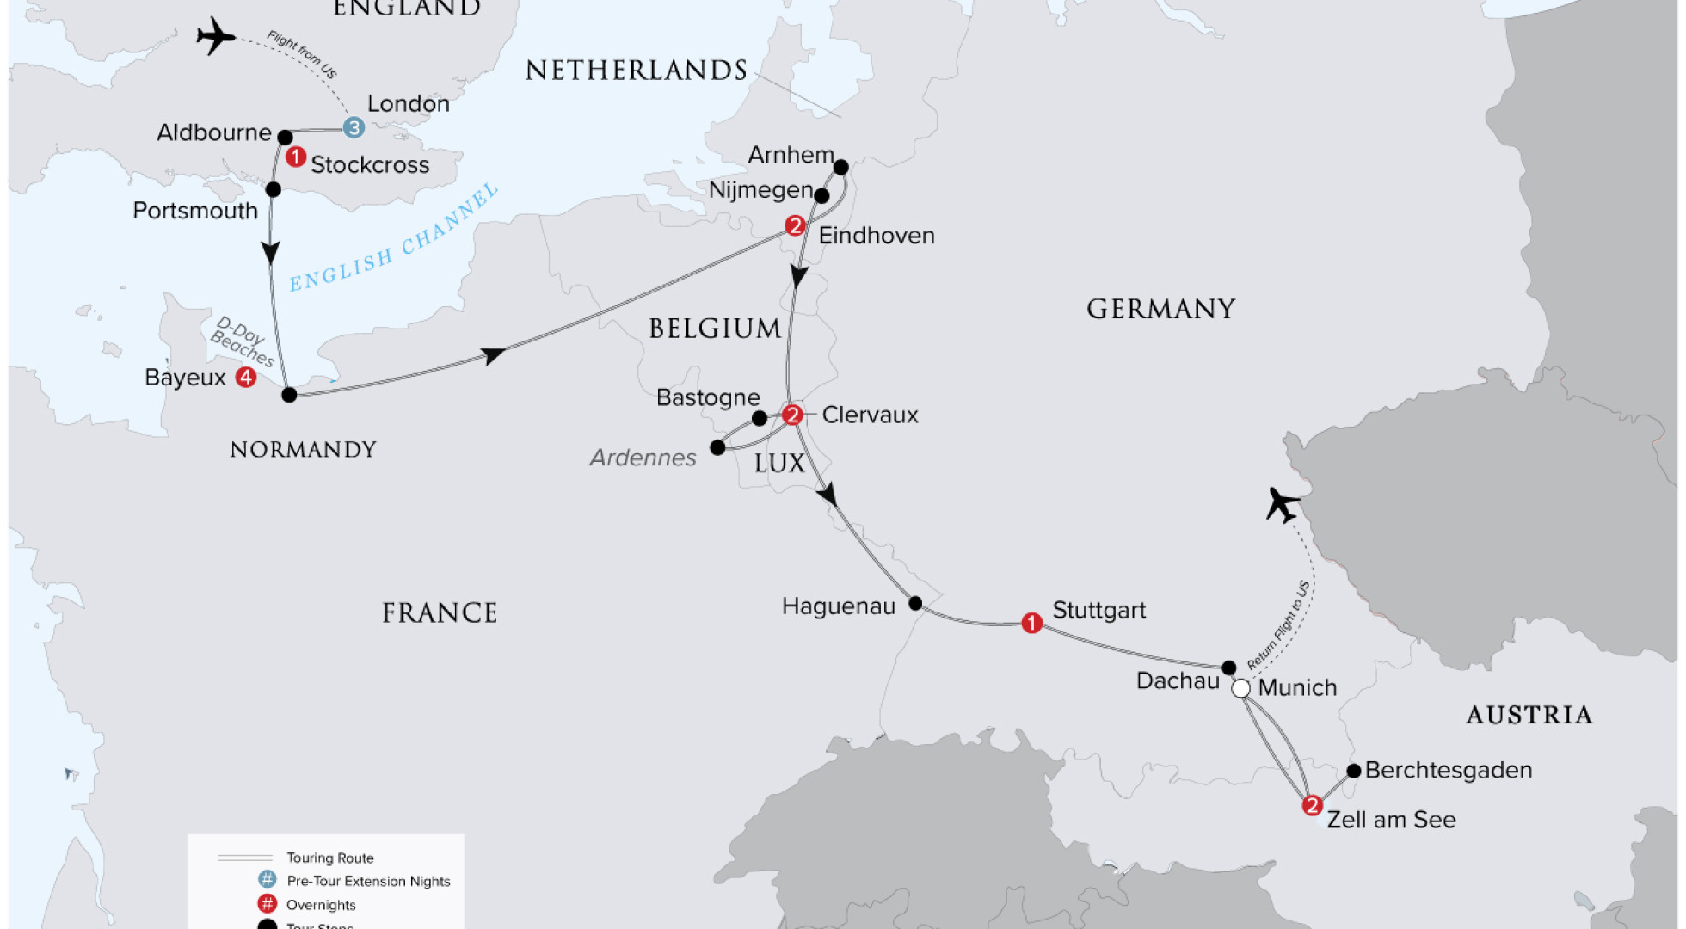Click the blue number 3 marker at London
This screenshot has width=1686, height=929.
point(354,128)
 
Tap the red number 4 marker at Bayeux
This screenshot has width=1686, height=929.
point(246,377)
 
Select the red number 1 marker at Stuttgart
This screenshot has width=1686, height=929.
point(1031,623)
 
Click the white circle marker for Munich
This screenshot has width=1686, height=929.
point(1240,688)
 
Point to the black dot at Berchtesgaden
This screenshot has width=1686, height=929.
point(1353,771)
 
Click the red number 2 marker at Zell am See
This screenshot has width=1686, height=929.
point(1312,806)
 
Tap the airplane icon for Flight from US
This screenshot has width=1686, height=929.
point(215,37)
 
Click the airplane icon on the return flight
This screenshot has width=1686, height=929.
point(1283,505)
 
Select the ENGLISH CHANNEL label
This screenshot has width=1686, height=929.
point(393,238)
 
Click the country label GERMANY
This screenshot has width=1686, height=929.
point(1160,310)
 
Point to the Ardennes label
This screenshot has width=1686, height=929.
point(643,458)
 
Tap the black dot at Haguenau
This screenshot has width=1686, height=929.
point(915,603)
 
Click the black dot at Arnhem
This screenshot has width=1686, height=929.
point(840,167)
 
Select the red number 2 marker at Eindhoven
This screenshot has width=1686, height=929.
point(795,226)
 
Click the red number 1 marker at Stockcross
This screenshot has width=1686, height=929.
point(295,157)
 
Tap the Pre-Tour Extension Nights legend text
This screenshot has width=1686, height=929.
point(368,881)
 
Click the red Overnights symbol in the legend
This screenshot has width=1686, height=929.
point(268,904)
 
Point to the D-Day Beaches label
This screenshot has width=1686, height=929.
point(242,341)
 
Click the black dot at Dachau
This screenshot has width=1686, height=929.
point(1228,668)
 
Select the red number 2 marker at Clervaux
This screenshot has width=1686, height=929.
point(792,415)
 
